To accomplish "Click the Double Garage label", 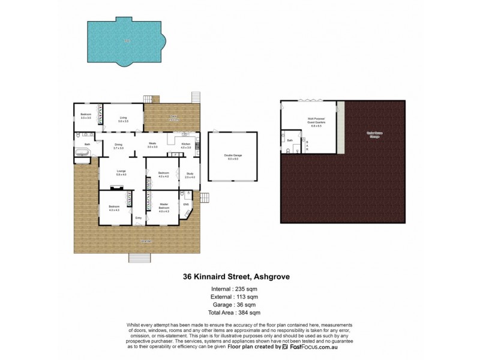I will coord(233,157).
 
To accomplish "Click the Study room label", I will coord(190,175).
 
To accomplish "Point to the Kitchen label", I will coord(185,145).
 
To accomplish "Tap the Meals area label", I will coord(153,145).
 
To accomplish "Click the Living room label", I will coord(123,119).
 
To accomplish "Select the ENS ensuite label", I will coord(186,205).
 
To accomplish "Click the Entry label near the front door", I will coord(139,217).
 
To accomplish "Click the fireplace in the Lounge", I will coord(122,188).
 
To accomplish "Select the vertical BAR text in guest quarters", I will coord(308,145).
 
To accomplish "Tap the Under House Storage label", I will coord(374,135).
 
